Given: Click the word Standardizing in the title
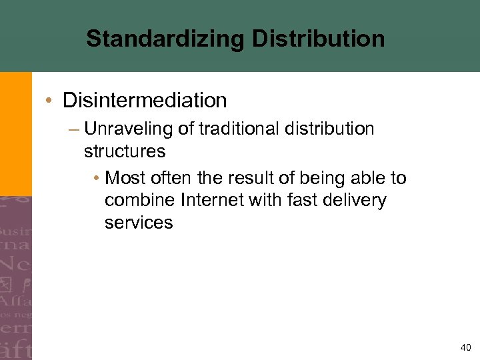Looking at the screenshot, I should pos(166,39).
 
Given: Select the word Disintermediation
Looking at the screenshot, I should pos(145,101).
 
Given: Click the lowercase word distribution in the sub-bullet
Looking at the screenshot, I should pos(333,129).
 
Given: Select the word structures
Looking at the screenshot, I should pos(125,151).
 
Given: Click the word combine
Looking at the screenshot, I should pos(138,201).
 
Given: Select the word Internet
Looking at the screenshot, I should pos(211,201).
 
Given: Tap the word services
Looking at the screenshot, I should pos(139,223).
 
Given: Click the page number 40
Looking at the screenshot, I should pos(465,347).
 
